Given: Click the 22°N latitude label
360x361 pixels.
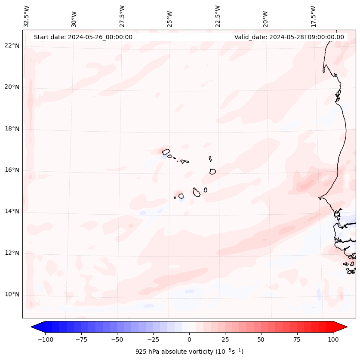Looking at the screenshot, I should click(x=12, y=46).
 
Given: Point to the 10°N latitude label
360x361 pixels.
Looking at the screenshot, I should click(x=12, y=295).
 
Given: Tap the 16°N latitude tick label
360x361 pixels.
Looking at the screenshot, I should click(x=12, y=170).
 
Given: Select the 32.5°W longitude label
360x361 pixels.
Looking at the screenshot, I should click(x=27, y=16).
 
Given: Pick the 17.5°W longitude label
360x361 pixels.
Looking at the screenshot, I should click(x=313, y=16).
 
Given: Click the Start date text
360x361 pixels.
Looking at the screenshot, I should click(x=83, y=37).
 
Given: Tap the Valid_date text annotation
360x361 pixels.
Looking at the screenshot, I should click(x=289, y=37).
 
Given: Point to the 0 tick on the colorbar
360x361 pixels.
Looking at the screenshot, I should click(x=189, y=339).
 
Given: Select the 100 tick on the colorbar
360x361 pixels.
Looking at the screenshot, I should click(x=333, y=339).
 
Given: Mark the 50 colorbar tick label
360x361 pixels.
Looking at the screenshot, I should click(x=261, y=339).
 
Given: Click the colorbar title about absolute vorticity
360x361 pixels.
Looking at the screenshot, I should click(x=189, y=352).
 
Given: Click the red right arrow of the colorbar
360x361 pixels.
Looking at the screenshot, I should click(x=340, y=327).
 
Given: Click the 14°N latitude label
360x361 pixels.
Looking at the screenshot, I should click(x=12, y=212).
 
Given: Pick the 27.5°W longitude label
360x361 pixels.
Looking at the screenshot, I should click(x=122, y=16).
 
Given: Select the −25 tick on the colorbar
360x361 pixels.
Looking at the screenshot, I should click(x=153, y=339).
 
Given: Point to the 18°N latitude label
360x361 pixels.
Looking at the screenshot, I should click(x=12, y=129).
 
